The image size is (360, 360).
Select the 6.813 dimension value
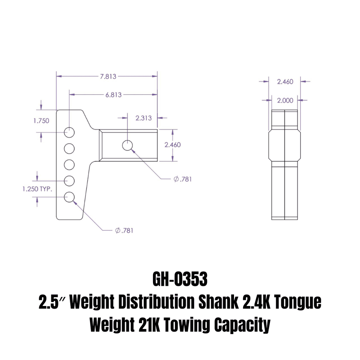tap(113, 95)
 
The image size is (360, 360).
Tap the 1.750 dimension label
tap(41, 121)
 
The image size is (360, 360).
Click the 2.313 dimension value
tap(143, 118)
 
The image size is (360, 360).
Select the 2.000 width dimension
tap(285, 100)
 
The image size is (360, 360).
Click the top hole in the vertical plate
tap(69, 132)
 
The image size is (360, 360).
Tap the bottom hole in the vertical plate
tap(69, 197)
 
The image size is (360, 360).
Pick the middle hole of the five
tap(69, 165)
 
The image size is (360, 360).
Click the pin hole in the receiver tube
tap(127, 145)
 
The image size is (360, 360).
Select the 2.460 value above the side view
tap(285, 82)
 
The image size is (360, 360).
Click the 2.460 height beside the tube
tap(172, 145)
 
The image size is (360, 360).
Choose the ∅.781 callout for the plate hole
tap(124, 230)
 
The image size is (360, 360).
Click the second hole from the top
tap(69, 148)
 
